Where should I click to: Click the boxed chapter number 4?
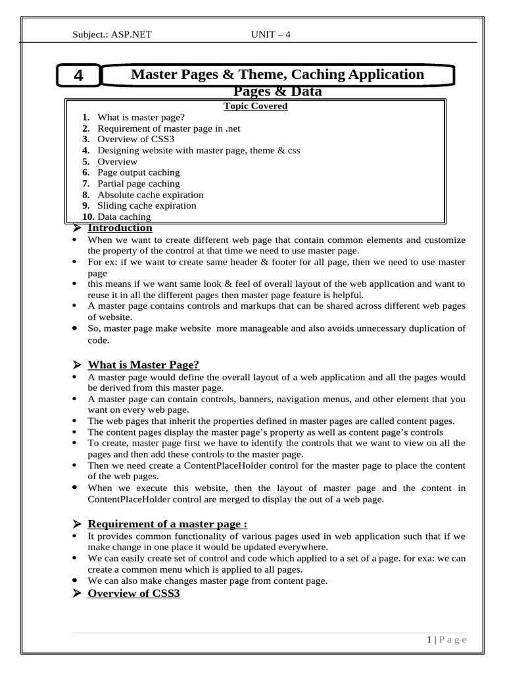pos(78,76)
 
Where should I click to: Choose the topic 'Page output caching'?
pos(138,172)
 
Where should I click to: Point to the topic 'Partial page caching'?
pos(138,184)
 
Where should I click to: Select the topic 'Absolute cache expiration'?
pos(150,195)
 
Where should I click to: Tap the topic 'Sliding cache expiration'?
pos(147,206)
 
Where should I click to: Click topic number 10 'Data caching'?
pos(124,217)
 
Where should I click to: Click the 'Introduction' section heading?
pos(120,228)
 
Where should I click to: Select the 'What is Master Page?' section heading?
pos(143,365)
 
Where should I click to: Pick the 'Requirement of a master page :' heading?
pos(167,524)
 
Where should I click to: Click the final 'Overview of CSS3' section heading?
pos(133,594)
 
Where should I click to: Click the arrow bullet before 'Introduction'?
pos(76,228)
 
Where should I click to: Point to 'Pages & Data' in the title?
pos(278,91)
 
